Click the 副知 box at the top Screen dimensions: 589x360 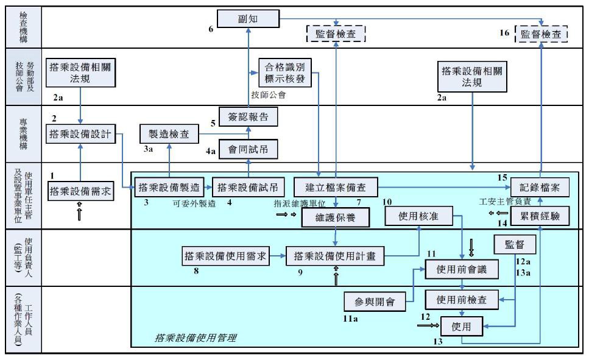coord(249,19)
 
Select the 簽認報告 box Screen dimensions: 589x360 coord(249,117)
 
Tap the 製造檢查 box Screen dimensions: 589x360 coord(169,134)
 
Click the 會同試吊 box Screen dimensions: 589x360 coord(249,149)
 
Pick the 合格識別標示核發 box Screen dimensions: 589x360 coord(285,73)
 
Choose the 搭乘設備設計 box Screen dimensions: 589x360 coord(80,134)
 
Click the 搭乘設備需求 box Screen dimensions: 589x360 coord(80,191)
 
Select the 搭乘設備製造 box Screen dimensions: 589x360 coord(169,187)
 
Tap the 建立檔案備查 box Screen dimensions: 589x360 coord(336,187)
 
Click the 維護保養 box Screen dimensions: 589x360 coord(336,217)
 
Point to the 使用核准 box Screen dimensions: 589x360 coord(419,216)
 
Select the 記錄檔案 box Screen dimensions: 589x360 coord(540,187)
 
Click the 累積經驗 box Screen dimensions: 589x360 coord(540,216)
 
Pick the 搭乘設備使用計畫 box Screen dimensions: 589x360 coord(335,256)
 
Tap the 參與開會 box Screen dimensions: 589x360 coord(375,302)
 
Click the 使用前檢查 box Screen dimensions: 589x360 coord(462,300)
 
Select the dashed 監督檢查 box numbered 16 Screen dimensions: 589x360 coord(541,34)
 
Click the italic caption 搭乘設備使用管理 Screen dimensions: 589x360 coord(196,337)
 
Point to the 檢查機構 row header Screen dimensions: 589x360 coord(23,27)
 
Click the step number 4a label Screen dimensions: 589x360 coord(211,151)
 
